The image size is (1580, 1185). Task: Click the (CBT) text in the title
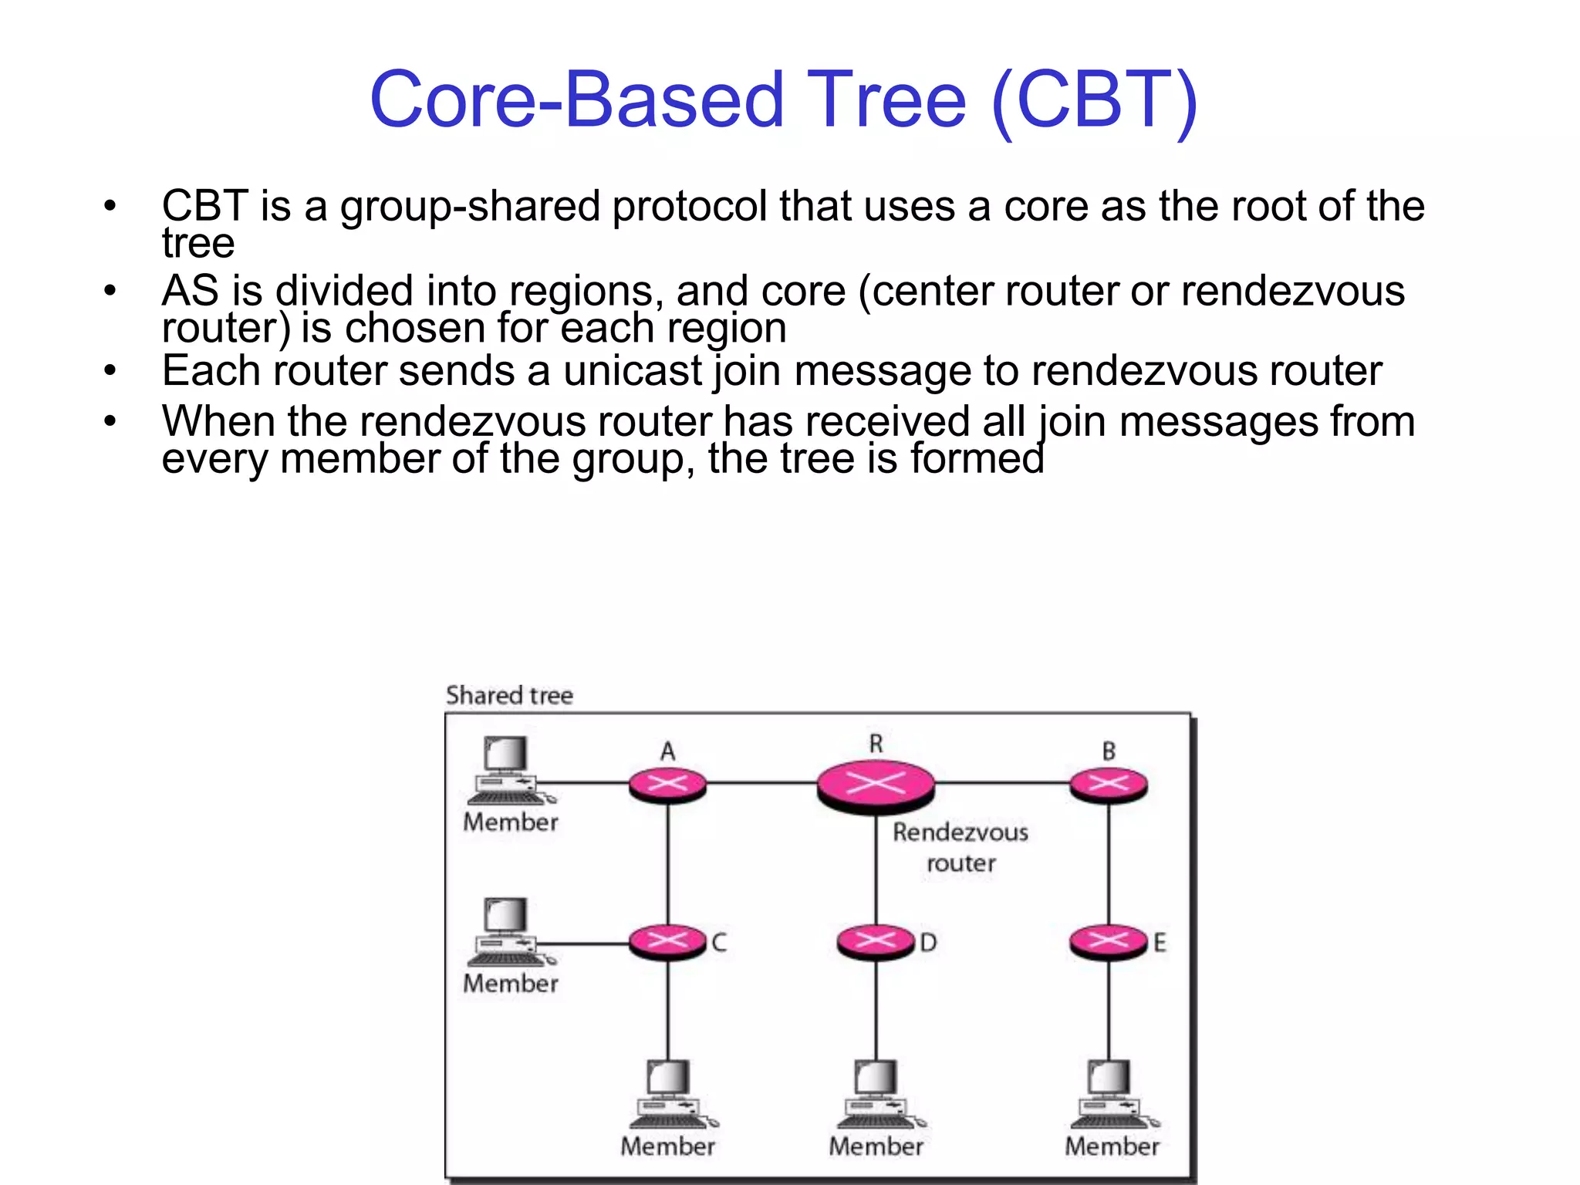pos(1094,100)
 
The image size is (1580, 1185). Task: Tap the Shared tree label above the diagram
pos(509,695)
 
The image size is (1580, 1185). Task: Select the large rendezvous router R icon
pos(876,785)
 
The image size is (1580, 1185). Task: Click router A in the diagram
pos(667,785)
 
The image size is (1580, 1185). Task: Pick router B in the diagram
pos(1109,785)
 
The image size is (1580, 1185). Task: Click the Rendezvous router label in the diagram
pos(960,847)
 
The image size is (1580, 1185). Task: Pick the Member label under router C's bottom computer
pos(667,1146)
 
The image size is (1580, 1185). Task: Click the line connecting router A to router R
pos(761,783)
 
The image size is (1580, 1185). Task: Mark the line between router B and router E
pos(1109,864)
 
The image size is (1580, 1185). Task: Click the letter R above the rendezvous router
pos(876,744)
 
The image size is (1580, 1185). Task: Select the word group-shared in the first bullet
pos(470,207)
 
